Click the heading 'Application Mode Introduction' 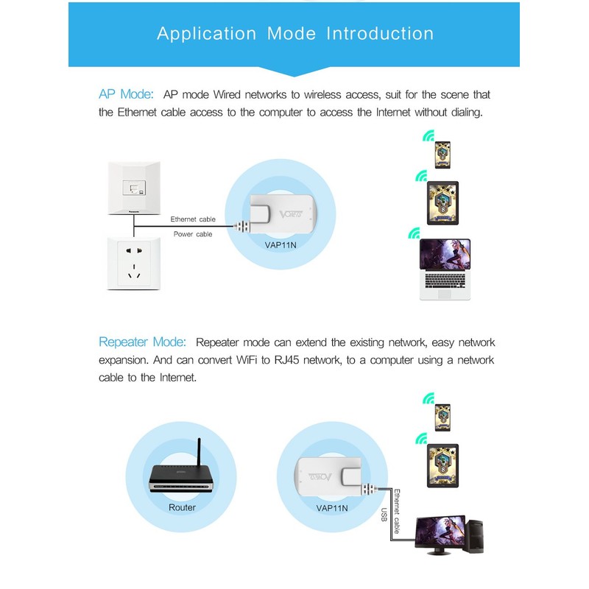pos(295,34)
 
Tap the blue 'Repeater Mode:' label pos(143,342)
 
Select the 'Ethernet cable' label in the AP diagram pos(193,219)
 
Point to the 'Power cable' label pos(193,234)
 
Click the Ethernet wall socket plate pos(133,188)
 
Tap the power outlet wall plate pos(133,263)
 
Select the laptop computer pos(445,269)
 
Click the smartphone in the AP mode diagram pos(442,155)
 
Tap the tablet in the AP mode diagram pos(442,204)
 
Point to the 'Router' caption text pos(182,507)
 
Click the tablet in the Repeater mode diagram pos(442,463)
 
